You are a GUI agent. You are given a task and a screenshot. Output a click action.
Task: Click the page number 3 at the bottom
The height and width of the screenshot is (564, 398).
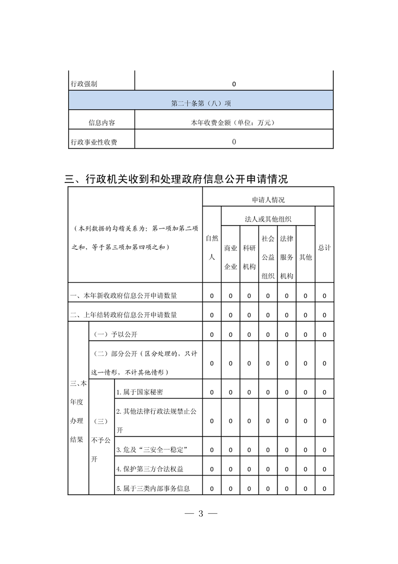(x=200, y=514)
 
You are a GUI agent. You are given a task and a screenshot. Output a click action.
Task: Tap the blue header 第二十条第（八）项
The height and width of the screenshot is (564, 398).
(x=201, y=103)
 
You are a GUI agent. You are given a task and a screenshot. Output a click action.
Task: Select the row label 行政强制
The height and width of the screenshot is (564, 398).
(x=83, y=84)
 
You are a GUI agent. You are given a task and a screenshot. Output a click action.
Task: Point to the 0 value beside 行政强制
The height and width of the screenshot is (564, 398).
(x=234, y=84)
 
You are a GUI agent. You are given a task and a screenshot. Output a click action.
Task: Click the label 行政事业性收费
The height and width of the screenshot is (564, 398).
(x=94, y=142)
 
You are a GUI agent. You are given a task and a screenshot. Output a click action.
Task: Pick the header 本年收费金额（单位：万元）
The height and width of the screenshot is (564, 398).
(x=234, y=123)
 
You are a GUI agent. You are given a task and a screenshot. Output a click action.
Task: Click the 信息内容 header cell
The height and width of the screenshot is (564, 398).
(x=101, y=123)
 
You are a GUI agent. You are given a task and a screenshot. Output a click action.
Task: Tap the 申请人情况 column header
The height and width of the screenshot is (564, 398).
(x=268, y=200)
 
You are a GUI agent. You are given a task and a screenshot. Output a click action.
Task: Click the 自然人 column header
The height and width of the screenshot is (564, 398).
(x=211, y=247)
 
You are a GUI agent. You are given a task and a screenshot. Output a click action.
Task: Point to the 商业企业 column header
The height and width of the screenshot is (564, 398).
(x=230, y=257)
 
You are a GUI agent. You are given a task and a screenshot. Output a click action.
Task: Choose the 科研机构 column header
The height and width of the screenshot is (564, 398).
(x=249, y=257)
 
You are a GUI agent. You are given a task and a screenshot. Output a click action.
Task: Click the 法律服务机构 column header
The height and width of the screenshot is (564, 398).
(x=287, y=257)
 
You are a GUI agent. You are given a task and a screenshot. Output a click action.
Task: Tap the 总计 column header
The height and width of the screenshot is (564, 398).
(x=324, y=248)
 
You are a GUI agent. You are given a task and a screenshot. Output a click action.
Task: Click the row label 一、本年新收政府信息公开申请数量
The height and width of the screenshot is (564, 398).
(x=123, y=296)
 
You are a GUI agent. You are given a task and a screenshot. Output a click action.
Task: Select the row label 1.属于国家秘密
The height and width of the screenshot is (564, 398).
(x=140, y=392)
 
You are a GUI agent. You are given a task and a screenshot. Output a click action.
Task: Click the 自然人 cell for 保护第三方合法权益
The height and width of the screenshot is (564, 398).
(x=211, y=469)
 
